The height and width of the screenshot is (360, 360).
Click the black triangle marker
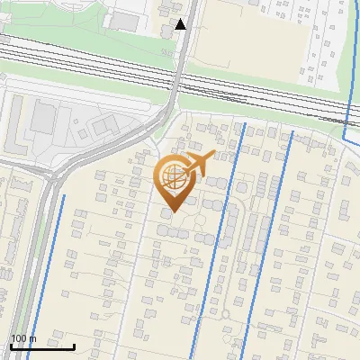click(x=181, y=24)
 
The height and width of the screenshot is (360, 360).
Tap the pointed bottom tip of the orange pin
click(x=173, y=212)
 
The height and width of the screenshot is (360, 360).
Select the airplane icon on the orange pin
click(x=200, y=163)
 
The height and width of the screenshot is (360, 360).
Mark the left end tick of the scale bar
click(x=10, y=346)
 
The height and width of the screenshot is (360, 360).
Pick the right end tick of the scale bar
click(x=74, y=346)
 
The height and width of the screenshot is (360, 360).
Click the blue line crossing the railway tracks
click(x=346, y=99)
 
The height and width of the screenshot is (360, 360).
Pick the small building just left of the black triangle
click(x=167, y=31)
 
